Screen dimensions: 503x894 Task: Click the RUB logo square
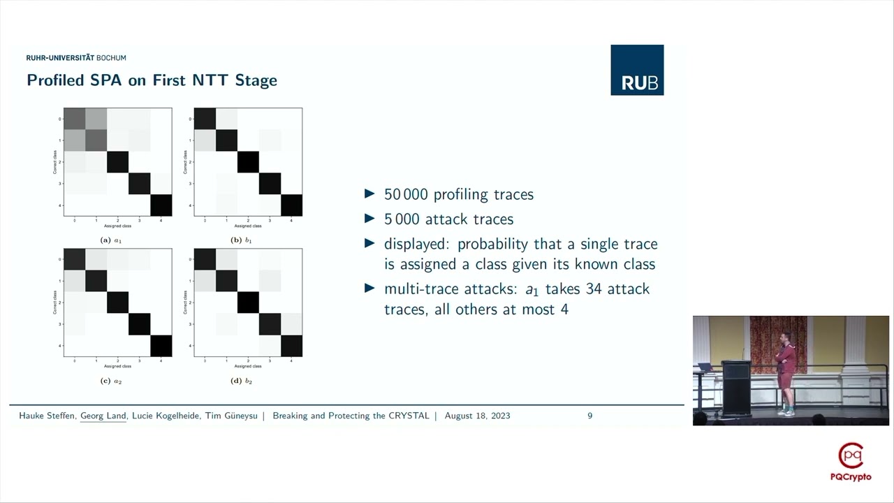pos(637,70)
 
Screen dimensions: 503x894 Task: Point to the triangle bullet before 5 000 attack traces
pos(369,219)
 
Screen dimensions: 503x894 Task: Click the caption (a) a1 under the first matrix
pos(112,240)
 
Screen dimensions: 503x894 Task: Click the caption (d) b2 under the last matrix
pos(242,381)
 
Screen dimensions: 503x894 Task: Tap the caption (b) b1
pos(242,240)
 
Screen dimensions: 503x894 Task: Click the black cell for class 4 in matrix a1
pos(161,205)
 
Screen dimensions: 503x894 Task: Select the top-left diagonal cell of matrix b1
pos(205,119)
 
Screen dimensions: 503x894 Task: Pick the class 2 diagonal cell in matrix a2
pos(118,302)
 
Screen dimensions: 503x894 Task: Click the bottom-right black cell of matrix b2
pos(291,346)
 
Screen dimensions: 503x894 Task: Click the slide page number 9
pos(590,416)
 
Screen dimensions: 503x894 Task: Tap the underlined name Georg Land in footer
pos(103,416)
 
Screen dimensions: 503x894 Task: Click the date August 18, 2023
pos(477,416)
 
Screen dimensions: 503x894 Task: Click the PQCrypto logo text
pos(851,476)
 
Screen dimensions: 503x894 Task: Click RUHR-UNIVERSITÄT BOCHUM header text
pos(76,58)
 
